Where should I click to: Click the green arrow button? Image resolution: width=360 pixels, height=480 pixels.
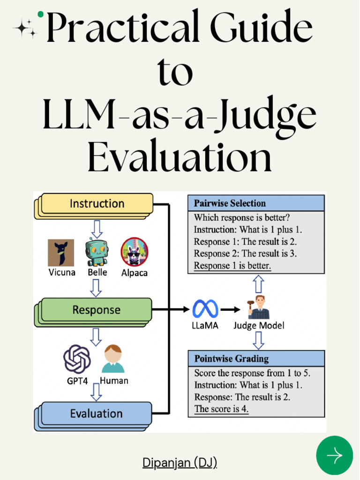click(x=334, y=455)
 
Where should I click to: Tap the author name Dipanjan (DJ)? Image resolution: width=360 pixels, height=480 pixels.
click(x=180, y=463)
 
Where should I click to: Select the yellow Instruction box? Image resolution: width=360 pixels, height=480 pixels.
click(x=97, y=204)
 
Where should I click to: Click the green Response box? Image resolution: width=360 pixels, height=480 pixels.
click(x=96, y=310)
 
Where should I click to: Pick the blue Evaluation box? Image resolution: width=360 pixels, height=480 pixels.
click(x=96, y=414)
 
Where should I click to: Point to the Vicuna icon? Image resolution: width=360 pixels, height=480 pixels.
click(x=61, y=253)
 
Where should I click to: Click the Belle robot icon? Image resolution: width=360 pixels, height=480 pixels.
click(x=97, y=252)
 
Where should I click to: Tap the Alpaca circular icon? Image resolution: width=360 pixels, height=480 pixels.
click(x=134, y=252)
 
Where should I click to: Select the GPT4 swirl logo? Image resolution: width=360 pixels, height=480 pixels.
click(x=77, y=359)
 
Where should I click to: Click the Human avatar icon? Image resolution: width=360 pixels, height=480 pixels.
click(x=113, y=359)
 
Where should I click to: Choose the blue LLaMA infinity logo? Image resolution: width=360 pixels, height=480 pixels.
click(x=205, y=309)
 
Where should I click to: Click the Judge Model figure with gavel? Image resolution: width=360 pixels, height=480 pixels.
click(x=258, y=307)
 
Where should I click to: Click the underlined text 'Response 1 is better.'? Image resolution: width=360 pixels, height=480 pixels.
click(x=232, y=266)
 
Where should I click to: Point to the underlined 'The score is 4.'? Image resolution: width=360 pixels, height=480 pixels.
click(x=221, y=409)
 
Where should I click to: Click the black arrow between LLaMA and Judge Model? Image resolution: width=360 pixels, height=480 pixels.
click(x=230, y=309)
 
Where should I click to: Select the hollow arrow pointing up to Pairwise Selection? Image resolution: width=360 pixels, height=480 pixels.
click(x=258, y=284)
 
